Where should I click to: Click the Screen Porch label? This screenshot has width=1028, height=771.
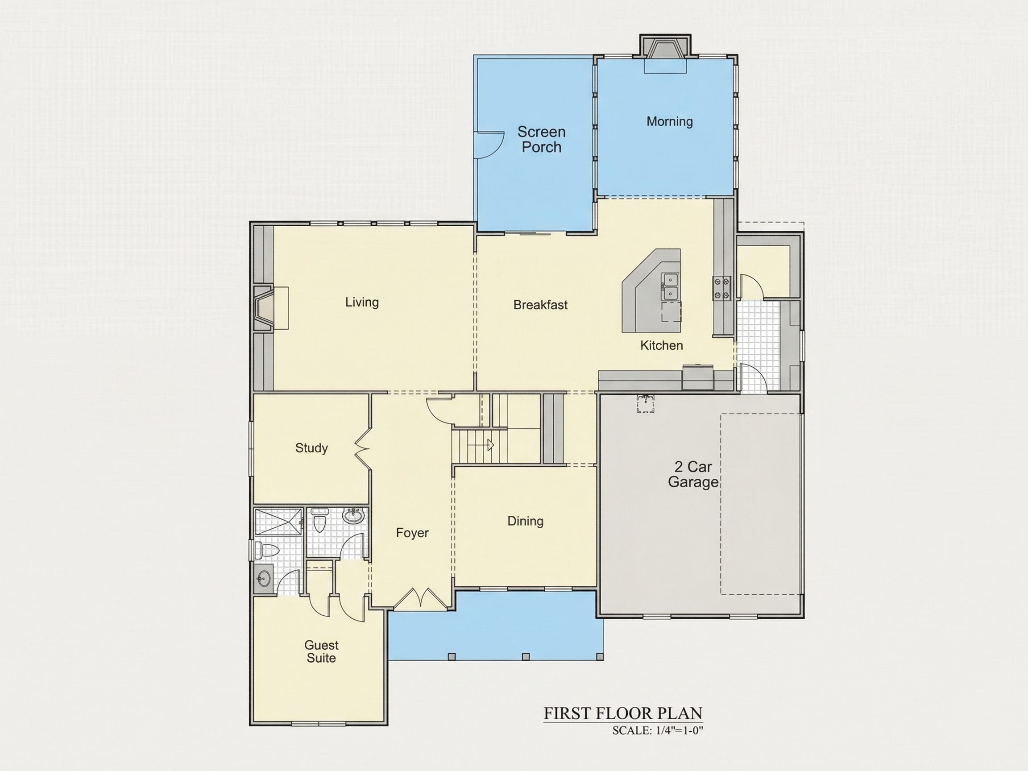pyautogui.click(x=541, y=139)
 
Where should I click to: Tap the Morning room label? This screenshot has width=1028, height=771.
pyautogui.click(x=670, y=121)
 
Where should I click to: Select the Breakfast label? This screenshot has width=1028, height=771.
pyautogui.click(x=540, y=305)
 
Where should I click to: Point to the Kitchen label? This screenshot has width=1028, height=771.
pyautogui.click(x=661, y=345)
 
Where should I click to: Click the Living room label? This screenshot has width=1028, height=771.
pyautogui.click(x=362, y=303)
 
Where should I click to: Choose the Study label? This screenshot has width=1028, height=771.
pyautogui.click(x=311, y=448)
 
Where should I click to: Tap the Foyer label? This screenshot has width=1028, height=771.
pyautogui.click(x=412, y=533)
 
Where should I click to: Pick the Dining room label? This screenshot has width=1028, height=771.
pyautogui.click(x=525, y=521)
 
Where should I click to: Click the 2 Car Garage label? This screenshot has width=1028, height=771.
pyautogui.click(x=693, y=474)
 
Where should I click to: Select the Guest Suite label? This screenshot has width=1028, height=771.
pyautogui.click(x=321, y=651)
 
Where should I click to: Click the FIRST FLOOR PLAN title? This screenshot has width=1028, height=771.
pyautogui.click(x=623, y=713)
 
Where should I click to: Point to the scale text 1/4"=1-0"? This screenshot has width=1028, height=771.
pyautogui.click(x=680, y=730)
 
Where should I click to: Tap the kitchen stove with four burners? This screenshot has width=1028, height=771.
pyautogui.click(x=722, y=288)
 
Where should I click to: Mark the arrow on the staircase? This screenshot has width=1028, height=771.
pyautogui.click(x=481, y=445)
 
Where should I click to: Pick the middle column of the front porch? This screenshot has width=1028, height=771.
pyautogui.click(x=526, y=657)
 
